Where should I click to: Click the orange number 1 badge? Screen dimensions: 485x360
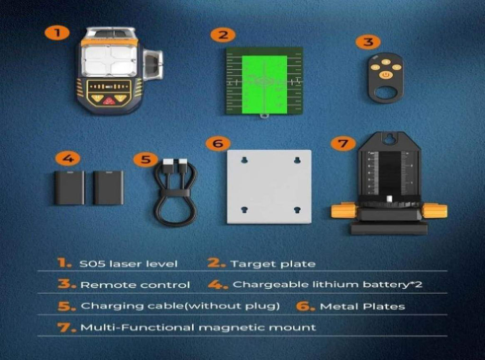[x=57, y=33]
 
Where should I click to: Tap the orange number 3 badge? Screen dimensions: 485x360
[x=368, y=42]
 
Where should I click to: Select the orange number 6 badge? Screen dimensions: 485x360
[x=218, y=143]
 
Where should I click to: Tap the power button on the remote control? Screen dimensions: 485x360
[x=386, y=75]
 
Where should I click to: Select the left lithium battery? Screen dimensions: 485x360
[x=69, y=188]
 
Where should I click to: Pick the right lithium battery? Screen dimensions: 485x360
[x=108, y=188]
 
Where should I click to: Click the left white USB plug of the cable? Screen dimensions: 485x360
[x=169, y=163]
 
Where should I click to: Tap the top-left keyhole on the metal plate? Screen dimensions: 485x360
[x=244, y=160]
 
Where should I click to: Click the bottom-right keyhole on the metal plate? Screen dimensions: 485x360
[x=297, y=210]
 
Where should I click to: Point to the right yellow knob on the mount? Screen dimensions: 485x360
[x=434, y=211]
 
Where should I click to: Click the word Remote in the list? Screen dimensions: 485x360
[x=99, y=285]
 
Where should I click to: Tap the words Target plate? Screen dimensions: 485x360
[x=273, y=264]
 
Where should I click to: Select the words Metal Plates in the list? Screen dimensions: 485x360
[x=362, y=306]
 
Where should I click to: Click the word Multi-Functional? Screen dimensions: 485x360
[x=137, y=327]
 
